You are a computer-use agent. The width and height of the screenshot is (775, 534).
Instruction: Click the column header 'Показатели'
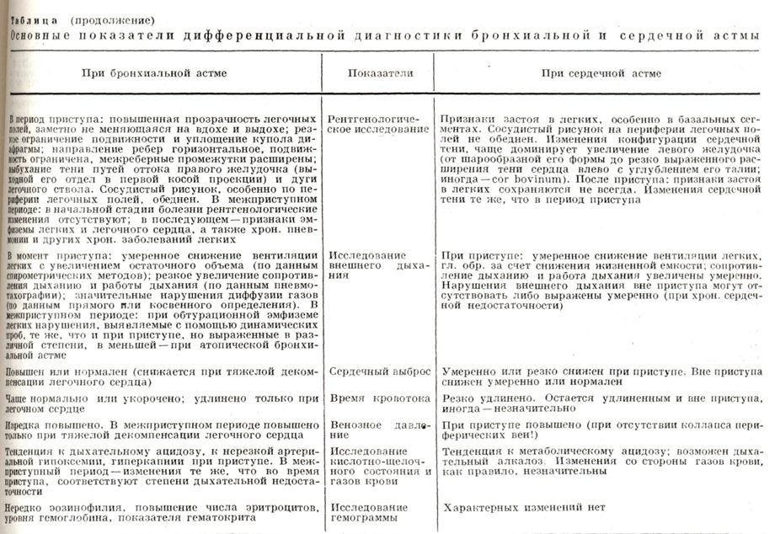pos(380,73)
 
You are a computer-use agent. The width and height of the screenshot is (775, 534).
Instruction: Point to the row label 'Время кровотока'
pos(367,395)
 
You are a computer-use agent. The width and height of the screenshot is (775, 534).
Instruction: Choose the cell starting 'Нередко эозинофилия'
pos(161,513)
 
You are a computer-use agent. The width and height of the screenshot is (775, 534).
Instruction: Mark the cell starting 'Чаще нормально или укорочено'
pos(161,400)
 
